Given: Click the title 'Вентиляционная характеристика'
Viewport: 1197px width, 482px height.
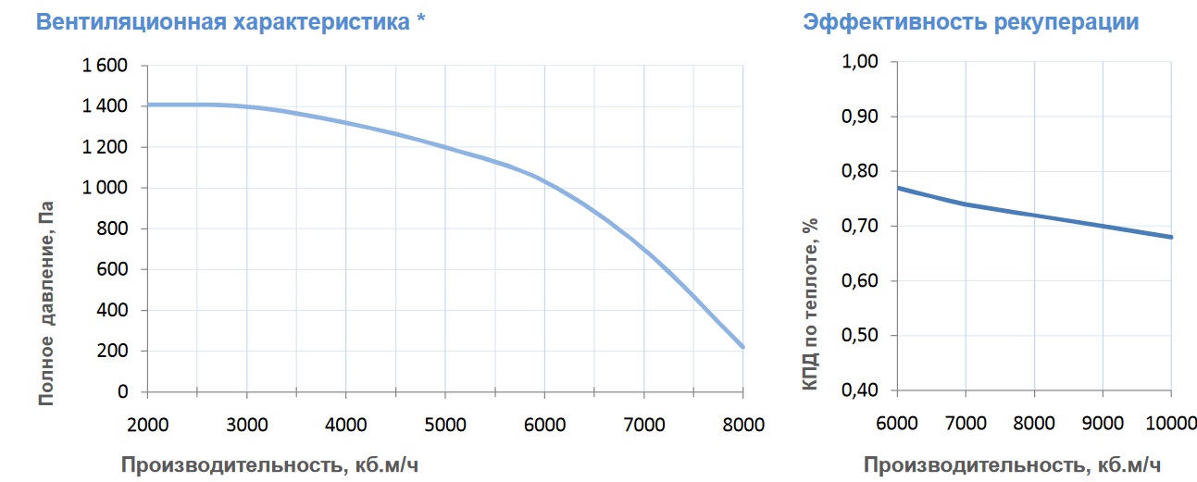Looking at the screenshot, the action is [223, 22].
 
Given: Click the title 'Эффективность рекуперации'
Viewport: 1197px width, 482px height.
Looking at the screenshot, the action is [971, 23].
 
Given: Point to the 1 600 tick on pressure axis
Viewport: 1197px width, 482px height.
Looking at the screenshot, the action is [105, 65].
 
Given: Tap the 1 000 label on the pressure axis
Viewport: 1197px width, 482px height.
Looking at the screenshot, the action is [105, 188].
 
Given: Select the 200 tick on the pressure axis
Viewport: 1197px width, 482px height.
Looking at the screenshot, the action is [112, 351].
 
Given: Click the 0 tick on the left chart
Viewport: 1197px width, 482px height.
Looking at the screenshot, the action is [123, 391].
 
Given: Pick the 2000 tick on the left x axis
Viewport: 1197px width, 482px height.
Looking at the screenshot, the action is [147, 425].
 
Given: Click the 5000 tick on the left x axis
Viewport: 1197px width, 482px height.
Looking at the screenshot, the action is [445, 425].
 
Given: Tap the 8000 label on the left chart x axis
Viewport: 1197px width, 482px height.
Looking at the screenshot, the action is [743, 425].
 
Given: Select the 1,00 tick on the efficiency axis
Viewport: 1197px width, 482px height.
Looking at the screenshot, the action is [860, 61].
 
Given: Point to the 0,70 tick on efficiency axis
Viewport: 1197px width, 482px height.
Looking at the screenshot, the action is [860, 226].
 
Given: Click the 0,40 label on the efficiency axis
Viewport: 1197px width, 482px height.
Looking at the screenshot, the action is [860, 389].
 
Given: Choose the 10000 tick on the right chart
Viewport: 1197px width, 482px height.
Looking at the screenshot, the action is [1171, 424].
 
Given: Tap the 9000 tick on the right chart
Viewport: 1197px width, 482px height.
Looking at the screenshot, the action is [1103, 424].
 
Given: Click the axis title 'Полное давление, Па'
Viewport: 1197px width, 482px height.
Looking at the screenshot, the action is [46, 303].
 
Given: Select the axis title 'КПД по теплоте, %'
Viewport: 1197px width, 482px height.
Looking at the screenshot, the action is [810, 303].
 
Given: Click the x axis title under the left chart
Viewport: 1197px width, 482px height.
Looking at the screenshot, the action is [270, 465].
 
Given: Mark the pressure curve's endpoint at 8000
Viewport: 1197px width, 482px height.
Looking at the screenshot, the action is [742, 347].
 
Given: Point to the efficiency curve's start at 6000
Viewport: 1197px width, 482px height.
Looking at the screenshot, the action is [898, 188].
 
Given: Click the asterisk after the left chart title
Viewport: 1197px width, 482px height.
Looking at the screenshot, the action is [421, 18].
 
